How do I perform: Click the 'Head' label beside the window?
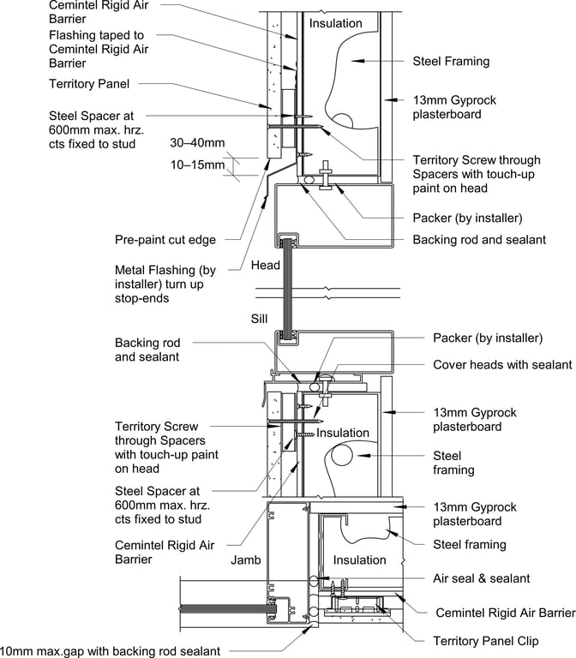[265, 266]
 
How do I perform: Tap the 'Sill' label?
[260, 317]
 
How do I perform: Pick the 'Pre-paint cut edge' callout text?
[165, 240]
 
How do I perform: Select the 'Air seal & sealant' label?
[481, 578]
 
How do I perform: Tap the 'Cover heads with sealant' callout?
[502, 365]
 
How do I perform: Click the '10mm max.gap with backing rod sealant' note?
[110, 651]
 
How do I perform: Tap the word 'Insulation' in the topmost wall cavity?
[336, 23]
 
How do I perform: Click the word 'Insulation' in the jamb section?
[360, 559]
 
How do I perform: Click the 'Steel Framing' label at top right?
[451, 61]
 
